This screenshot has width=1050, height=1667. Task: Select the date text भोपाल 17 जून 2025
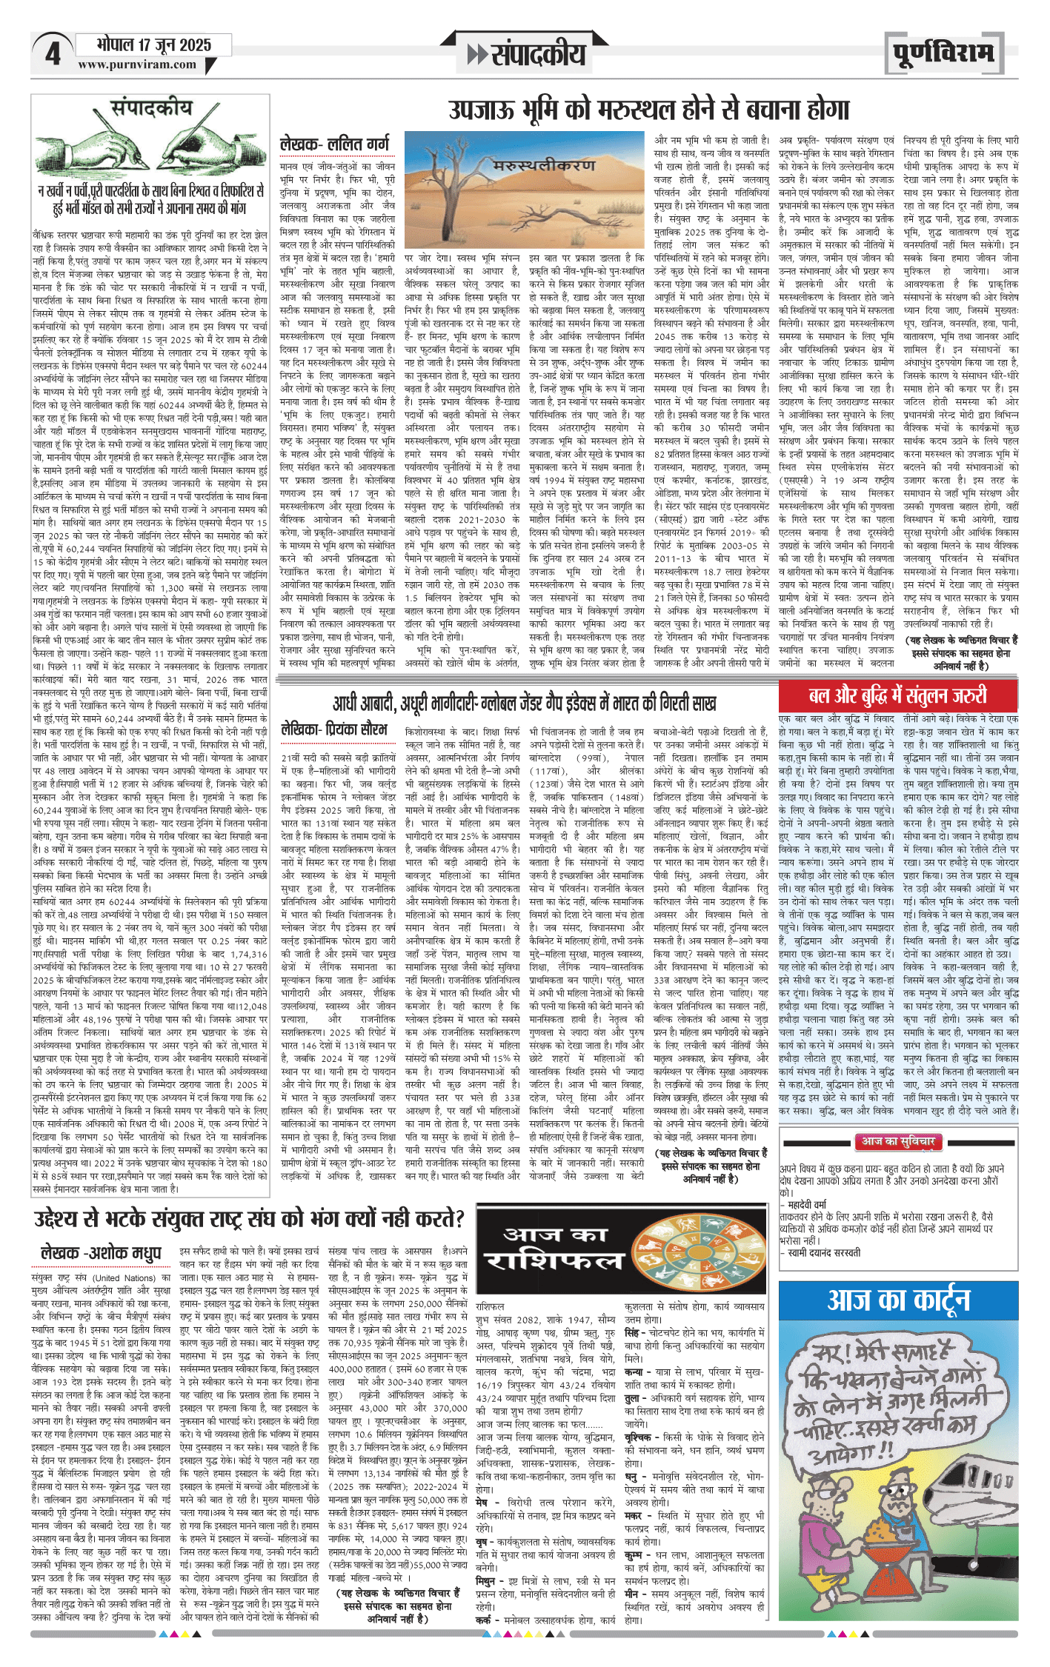(153, 45)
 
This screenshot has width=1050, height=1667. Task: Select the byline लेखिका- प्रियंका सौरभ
(334, 729)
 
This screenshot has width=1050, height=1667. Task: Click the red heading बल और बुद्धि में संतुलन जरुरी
(897, 695)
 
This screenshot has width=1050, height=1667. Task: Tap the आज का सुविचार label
(897, 1142)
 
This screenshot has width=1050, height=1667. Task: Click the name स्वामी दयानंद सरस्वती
(823, 1253)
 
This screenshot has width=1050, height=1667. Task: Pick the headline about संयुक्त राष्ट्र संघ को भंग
(249, 1218)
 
